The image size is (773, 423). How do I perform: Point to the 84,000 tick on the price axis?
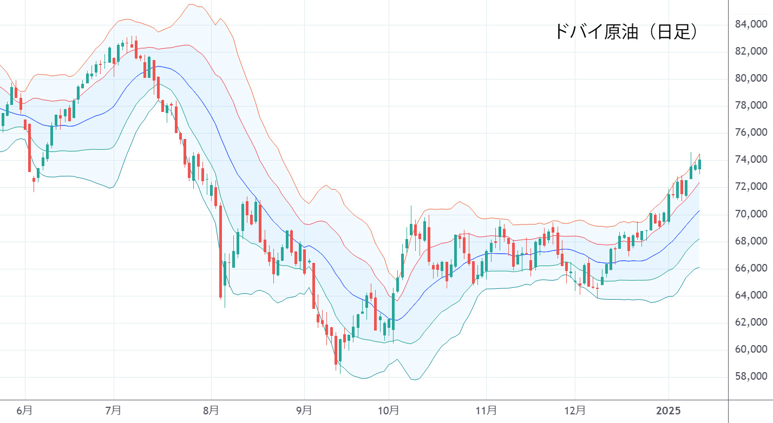(x=751, y=24)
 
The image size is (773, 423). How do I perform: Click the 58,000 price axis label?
(x=751, y=376)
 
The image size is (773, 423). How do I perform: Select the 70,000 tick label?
(x=751, y=214)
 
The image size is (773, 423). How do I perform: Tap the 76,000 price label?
(x=751, y=133)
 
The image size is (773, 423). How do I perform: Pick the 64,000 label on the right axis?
(x=751, y=295)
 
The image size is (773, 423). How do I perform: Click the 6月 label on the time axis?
(x=24, y=411)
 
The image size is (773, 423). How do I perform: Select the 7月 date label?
(x=114, y=411)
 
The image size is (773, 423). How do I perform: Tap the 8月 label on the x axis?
(x=211, y=411)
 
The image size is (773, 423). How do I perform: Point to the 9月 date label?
(x=304, y=411)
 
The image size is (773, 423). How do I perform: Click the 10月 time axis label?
(x=389, y=411)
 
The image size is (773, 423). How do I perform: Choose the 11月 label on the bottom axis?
(x=487, y=411)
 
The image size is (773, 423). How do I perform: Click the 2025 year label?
(x=668, y=411)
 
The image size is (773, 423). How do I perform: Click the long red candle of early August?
(x=220, y=252)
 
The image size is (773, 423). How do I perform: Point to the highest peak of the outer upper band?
(x=191, y=5)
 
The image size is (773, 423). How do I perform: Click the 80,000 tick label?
(x=751, y=79)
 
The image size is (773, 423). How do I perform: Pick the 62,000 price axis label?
(x=751, y=322)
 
